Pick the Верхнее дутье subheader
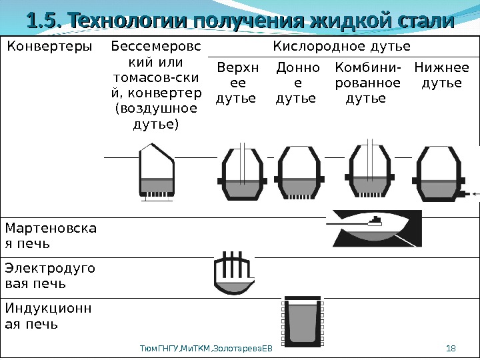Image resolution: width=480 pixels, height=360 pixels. [236, 83]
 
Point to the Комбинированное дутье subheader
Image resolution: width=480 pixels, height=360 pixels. [367, 83]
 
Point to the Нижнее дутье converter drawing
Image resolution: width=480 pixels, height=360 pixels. [437, 175]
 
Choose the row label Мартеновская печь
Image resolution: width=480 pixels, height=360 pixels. [50, 236]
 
